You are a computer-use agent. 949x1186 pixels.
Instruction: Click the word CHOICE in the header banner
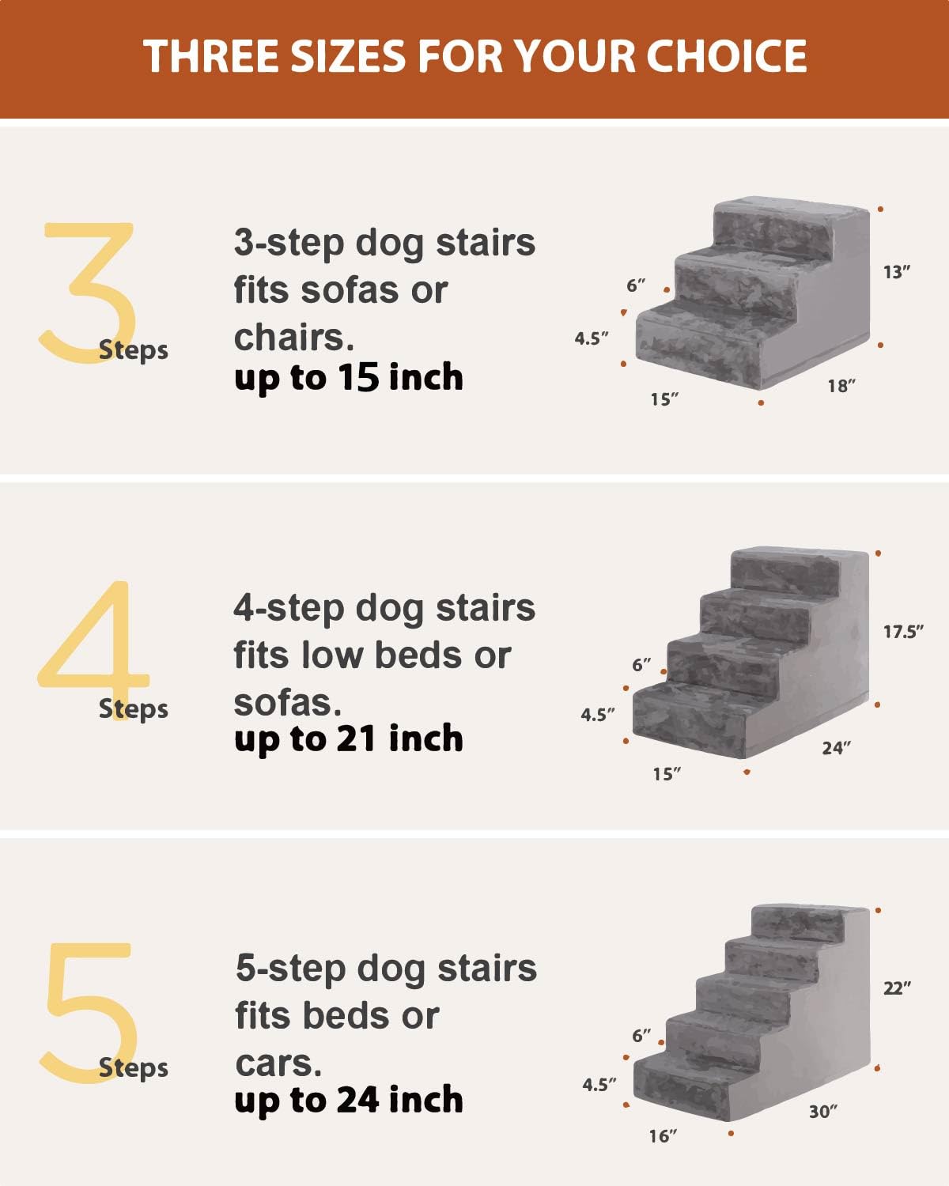(x=727, y=56)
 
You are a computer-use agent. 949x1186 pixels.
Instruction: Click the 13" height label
(x=897, y=272)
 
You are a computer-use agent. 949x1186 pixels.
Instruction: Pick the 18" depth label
(x=841, y=386)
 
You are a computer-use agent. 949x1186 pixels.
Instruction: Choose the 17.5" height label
(x=903, y=631)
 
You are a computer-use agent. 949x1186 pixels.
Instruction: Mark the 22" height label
(x=897, y=988)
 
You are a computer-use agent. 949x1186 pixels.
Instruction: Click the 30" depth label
(x=823, y=1111)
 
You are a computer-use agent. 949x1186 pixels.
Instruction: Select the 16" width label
(x=664, y=1136)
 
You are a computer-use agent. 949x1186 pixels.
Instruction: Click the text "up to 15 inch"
(x=348, y=378)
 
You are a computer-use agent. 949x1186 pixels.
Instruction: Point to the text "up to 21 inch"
(x=348, y=738)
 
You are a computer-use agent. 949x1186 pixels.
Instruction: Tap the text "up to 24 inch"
(x=348, y=1100)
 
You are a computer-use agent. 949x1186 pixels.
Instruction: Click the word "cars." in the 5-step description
(x=278, y=1063)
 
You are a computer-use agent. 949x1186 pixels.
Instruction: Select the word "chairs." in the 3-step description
(x=293, y=338)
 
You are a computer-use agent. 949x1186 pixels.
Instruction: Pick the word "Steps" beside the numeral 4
(x=133, y=708)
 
